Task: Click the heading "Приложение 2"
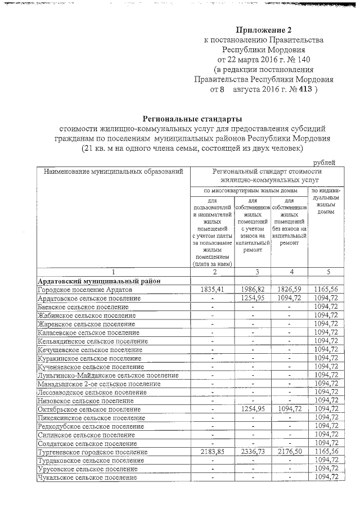(264, 30)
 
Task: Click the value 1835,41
(213, 289)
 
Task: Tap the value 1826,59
(289, 289)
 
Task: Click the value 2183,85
(213, 452)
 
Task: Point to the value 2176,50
(289, 452)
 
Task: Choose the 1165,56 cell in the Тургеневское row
(326, 452)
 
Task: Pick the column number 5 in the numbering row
(326, 272)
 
